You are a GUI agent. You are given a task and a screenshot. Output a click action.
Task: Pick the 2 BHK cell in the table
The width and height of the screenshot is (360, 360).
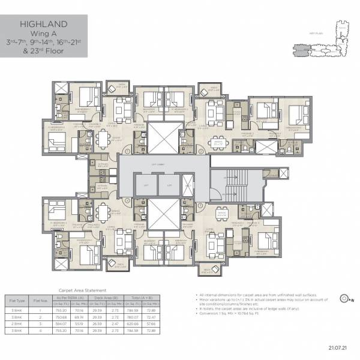point(17,324)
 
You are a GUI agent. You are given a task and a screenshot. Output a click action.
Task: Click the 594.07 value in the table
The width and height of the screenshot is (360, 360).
point(60,324)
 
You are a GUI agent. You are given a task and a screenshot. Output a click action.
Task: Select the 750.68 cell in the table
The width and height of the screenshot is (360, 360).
point(60,317)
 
